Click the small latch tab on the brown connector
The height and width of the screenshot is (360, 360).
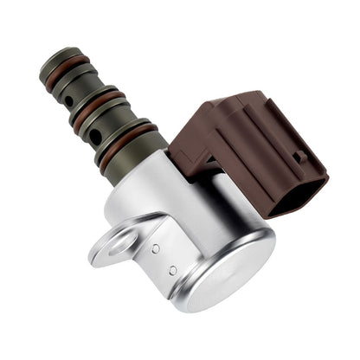pos(299,158)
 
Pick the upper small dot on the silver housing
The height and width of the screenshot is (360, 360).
pos(155,248)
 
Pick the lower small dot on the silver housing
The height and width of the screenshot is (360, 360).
pos(172,271)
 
